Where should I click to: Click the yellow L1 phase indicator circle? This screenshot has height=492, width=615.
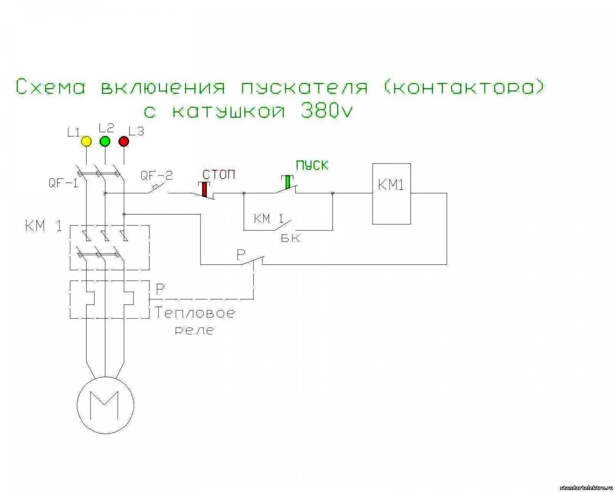pyautogui.click(x=86, y=141)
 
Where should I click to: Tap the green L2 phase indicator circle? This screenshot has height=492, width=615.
pyautogui.click(x=105, y=141)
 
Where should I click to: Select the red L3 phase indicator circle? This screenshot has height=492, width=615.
pyautogui.click(x=124, y=141)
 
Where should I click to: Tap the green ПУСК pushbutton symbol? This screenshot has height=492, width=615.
pyautogui.click(x=288, y=182)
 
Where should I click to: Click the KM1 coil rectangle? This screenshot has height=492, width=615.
pyautogui.click(x=391, y=194)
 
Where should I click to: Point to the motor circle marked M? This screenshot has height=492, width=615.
pyautogui.click(x=105, y=403)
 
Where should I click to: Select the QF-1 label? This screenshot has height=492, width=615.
pyautogui.click(x=63, y=183)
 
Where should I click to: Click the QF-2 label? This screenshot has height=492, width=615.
pyautogui.click(x=157, y=175)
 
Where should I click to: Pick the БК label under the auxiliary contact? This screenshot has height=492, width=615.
pyautogui.click(x=291, y=238)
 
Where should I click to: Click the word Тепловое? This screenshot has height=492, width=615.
pyautogui.click(x=195, y=314)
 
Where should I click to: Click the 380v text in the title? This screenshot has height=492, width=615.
pyautogui.click(x=327, y=111)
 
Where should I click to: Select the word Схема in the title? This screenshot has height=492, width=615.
pyautogui.click(x=51, y=87)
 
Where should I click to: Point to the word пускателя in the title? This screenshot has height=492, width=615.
pyautogui.click(x=304, y=88)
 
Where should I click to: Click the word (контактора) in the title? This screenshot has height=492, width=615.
pyautogui.click(x=465, y=88)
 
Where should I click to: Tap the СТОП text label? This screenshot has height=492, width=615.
pyautogui.click(x=219, y=175)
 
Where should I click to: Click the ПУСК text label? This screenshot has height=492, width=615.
pyautogui.click(x=312, y=165)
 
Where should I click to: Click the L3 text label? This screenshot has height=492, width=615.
pyautogui.click(x=137, y=132)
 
